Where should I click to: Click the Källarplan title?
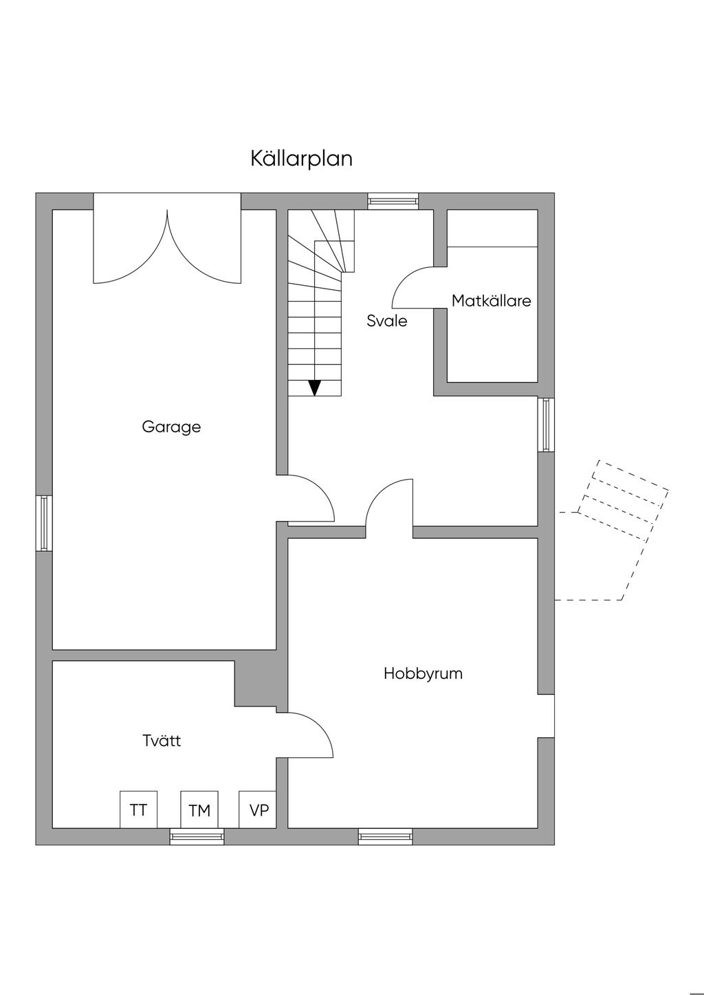(x=301, y=159)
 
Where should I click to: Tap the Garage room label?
(x=171, y=427)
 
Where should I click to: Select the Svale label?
(x=386, y=321)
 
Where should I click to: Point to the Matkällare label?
(x=491, y=301)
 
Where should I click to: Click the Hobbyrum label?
(x=423, y=673)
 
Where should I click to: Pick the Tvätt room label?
(x=162, y=741)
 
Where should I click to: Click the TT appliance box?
(x=138, y=809)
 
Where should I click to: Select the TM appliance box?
(x=199, y=809)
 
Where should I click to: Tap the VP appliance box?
(x=258, y=809)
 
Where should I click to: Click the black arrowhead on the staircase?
(x=315, y=388)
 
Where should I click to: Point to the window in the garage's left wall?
(x=44, y=523)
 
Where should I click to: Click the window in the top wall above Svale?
(x=393, y=201)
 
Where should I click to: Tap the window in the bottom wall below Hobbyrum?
(x=385, y=836)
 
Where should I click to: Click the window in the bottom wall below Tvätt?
(x=197, y=836)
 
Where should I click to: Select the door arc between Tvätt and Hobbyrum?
(x=320, y=726)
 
